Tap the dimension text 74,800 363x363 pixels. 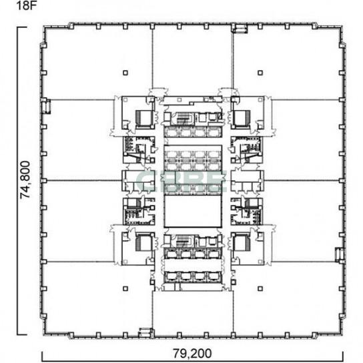(x=25, y=180)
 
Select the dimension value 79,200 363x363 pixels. (x=192, y=354)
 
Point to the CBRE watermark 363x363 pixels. (x=181, y=181)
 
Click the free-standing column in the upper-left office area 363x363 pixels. (x=125, y=73)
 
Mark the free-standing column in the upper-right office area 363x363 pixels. (x=260, y=73)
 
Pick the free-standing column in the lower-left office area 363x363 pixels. (x=125, y=289)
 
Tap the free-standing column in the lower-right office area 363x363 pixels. (x=260, y=289)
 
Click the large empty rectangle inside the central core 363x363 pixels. (x=193, y=212)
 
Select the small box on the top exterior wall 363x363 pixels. (x=240, y=29)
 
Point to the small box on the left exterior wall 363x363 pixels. (x=46, y=106)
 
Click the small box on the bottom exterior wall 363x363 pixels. (x=145, y=332)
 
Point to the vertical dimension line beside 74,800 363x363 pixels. (x=18, y=181)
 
